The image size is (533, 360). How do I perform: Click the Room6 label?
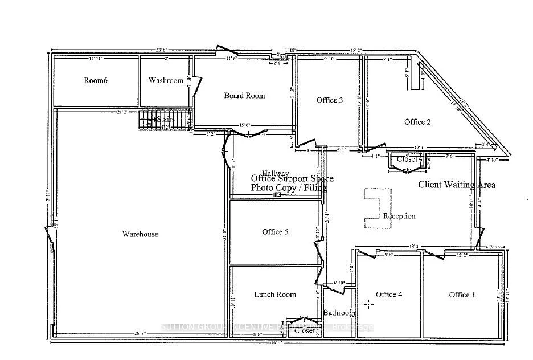(x=96, y=81)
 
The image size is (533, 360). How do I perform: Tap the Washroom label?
(x=166, y=81)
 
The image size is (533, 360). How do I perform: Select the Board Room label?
(x=244, y=96)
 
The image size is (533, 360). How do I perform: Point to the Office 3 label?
(x=330, y=101)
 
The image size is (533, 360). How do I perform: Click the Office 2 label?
(x=417, y=122)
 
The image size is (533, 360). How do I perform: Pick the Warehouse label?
(x=140, y=234)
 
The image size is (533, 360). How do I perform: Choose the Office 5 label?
(x=275, y=232)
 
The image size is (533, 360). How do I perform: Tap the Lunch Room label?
(x=275, y=294)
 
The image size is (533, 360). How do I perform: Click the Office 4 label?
(x=389, y=294)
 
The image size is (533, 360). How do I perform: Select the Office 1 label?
(x=462, y=294)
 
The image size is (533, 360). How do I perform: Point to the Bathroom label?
(x=339, y=313)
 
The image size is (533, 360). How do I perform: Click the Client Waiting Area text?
(x=457, y=185)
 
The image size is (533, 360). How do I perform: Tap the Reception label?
(x=399, y=216)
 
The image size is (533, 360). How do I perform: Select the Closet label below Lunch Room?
(x=305, y=330)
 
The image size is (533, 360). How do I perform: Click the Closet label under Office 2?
(x=407, y=159)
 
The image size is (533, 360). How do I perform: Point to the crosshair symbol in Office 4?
(x=369, y=304)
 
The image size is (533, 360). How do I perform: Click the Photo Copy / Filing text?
(x=289, y=187)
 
